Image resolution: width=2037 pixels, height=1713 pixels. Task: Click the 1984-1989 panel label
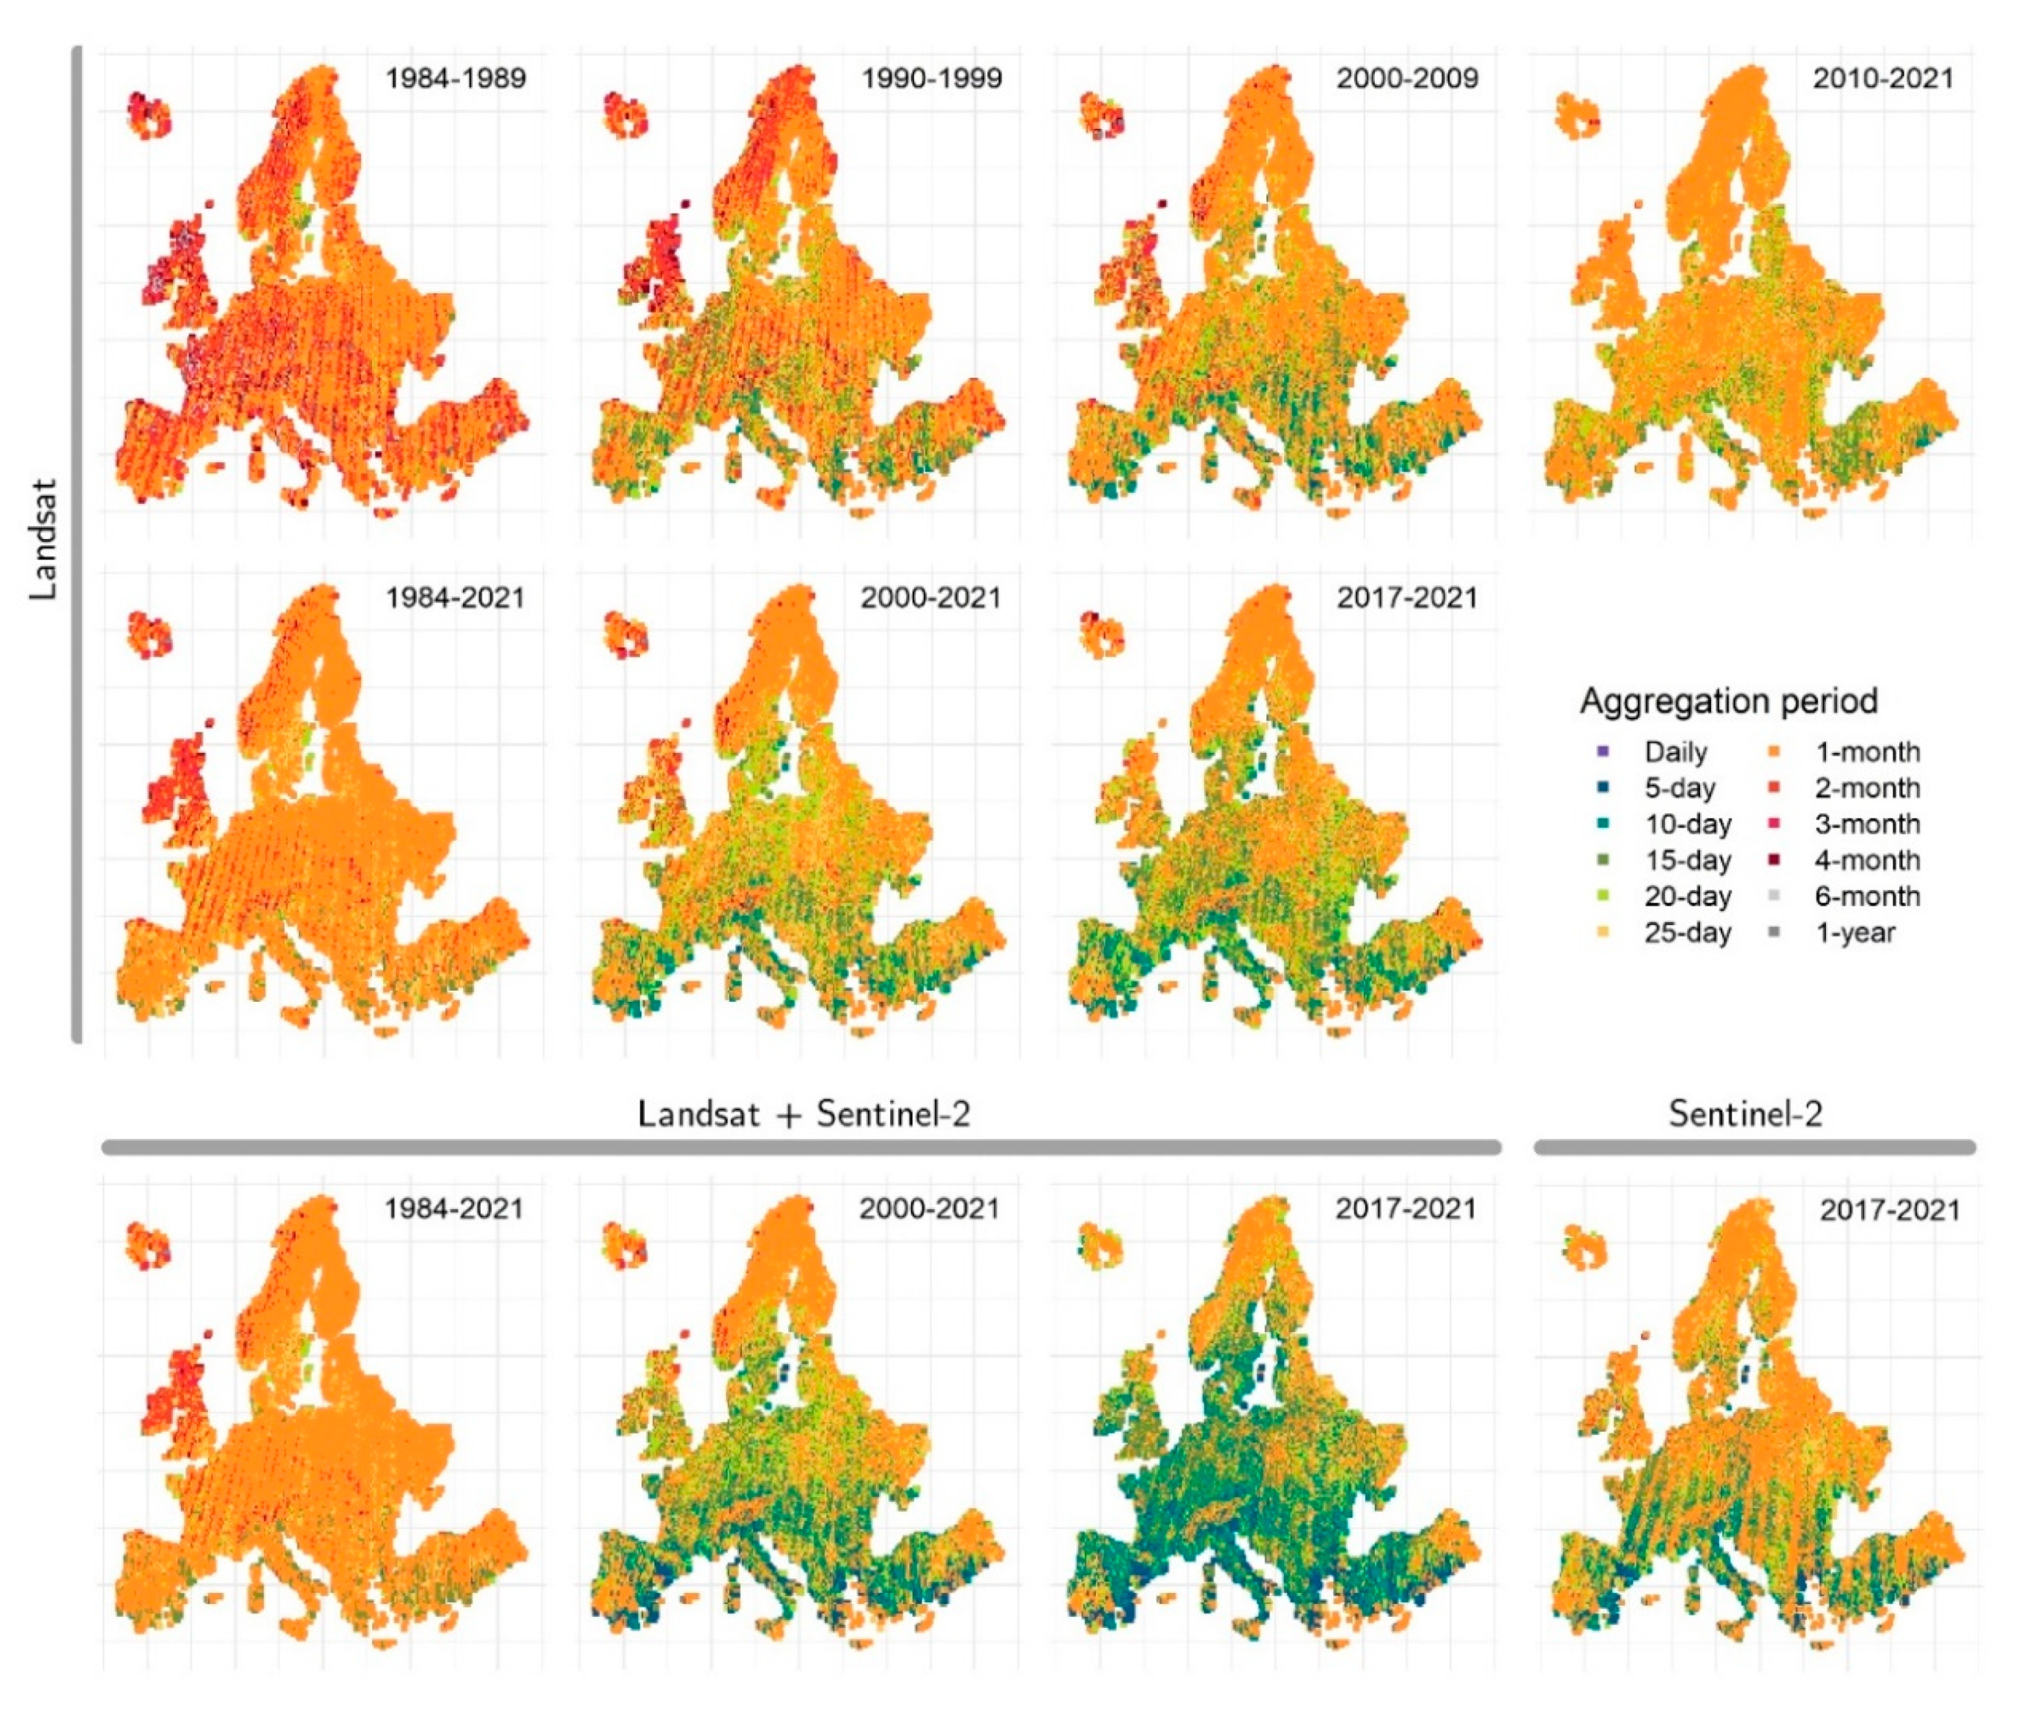tap(455, 78)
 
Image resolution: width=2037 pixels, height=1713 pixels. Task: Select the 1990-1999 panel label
tap(930, 78)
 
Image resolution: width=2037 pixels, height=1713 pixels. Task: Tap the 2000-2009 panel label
tap(1406, 78)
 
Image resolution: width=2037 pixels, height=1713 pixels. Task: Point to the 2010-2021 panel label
tap(1882, 78)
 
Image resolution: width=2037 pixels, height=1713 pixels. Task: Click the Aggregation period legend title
tap(1728, 700)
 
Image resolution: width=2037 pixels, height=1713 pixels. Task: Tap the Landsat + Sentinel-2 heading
tap(804, 1113)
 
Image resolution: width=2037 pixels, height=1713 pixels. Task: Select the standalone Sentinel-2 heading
tap(1745, 1113)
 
